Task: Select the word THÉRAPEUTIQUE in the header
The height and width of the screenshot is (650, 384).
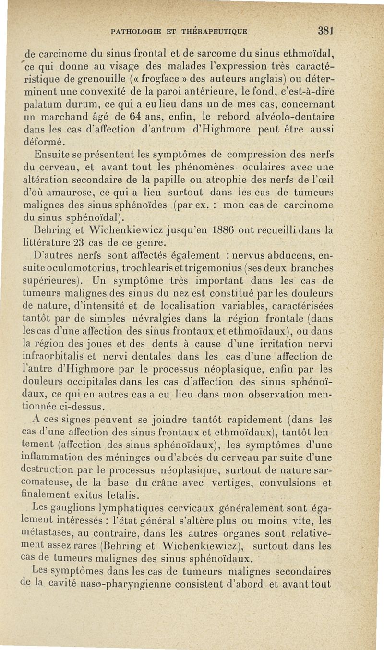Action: click(218, 32)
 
